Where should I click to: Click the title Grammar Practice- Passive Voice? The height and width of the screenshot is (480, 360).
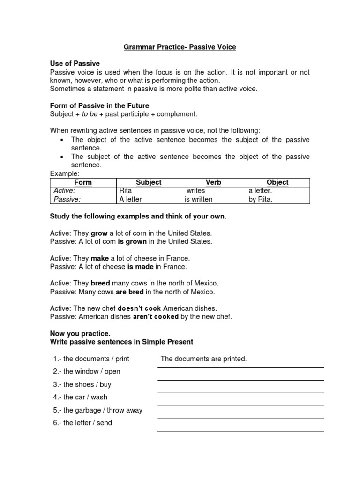(180, 47)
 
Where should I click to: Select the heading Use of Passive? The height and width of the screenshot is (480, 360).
(75, 63)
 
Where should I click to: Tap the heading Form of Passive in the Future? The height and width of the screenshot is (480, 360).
(99, 105)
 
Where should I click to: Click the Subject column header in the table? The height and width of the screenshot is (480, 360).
(149, 182)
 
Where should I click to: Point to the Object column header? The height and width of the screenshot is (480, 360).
(277, 182)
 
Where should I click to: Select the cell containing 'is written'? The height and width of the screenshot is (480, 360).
(198, 199)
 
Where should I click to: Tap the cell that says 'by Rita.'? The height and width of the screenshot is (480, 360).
(260, 199)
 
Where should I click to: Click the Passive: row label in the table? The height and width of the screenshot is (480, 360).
(67, 199)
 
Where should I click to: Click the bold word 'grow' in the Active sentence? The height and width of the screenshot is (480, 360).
(99, 233)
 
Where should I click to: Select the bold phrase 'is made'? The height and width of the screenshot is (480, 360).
(141, 267)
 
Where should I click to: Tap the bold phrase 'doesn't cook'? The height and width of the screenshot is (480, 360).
(139, 308)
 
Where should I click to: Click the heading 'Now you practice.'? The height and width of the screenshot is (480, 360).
(80, 333)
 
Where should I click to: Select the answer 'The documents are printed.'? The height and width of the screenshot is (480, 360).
(203, 359)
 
